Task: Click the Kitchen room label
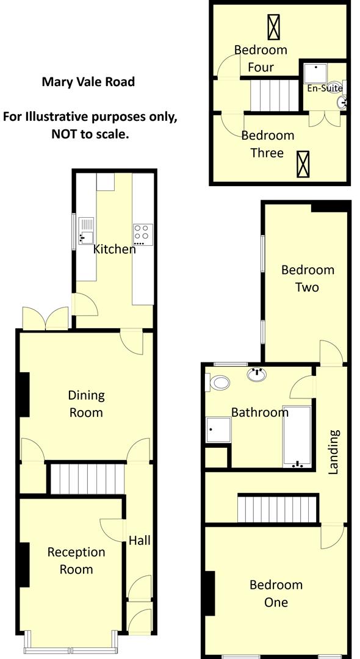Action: pos(114,249)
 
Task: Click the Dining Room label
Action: pos(86,404)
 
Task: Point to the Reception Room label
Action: pos(76,561)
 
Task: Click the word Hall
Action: pos(139,541)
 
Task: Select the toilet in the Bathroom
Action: pos(219,383)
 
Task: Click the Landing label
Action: pos(333,452)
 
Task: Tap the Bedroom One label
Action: pos(276,594)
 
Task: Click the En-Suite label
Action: pos(324,88)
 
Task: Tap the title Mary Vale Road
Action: pos(88,82)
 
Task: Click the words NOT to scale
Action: pos(90,134)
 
